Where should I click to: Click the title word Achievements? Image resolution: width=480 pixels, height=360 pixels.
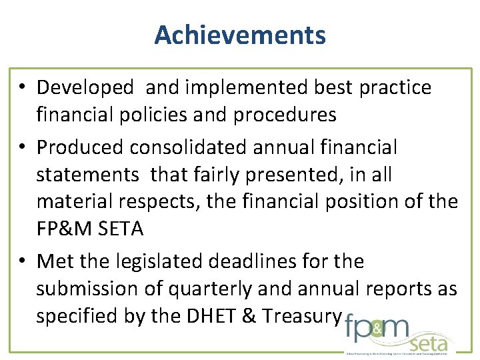240,35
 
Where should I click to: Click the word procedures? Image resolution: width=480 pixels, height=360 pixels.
280,115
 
